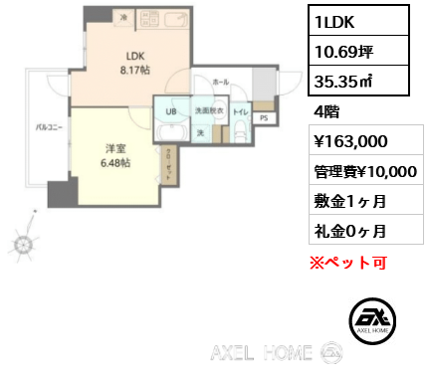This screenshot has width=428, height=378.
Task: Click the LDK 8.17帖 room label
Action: pos(136,63)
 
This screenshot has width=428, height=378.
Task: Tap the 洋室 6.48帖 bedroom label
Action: pos(115,154)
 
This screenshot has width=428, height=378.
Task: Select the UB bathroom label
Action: pos(170,111)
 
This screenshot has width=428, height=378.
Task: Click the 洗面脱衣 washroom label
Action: pos(207,111)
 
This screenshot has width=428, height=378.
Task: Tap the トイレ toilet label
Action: pos(239,112)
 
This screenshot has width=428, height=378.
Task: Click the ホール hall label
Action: pos(221,81)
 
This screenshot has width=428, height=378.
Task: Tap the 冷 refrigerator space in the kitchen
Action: pos(123,16)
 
